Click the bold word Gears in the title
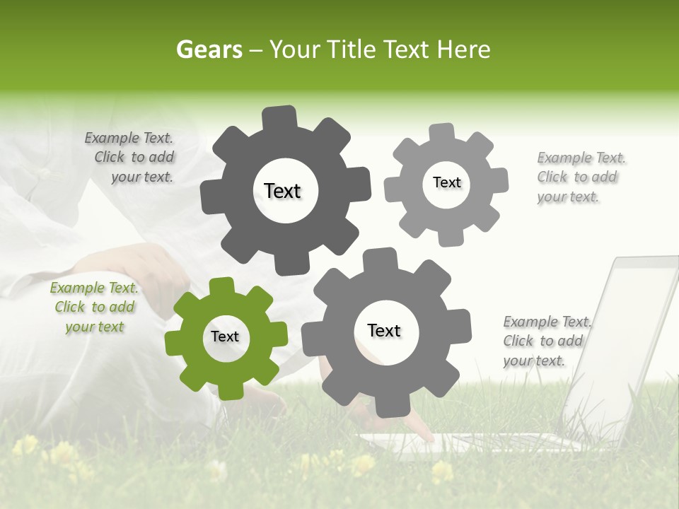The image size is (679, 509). point(209,49)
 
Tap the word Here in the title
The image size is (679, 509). point(464,49)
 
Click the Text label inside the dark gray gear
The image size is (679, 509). point(282,191)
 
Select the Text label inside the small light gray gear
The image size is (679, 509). point(446,182)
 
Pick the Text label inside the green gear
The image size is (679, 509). point(225,337)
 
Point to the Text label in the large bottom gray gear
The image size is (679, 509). point(384,330)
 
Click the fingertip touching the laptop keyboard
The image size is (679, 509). point(428,438)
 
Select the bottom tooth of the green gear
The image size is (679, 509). point(228,388)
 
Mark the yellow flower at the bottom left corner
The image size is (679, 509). point(27,445)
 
